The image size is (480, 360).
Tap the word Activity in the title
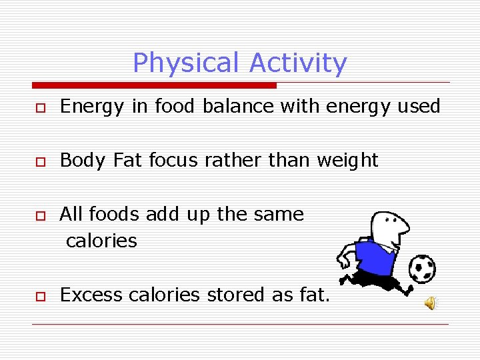298,63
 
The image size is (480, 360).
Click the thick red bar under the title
154,85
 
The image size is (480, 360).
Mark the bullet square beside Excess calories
41,296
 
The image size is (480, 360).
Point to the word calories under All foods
101,241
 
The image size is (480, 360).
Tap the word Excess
83,294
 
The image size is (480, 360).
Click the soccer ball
421,268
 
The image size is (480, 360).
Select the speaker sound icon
431,303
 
